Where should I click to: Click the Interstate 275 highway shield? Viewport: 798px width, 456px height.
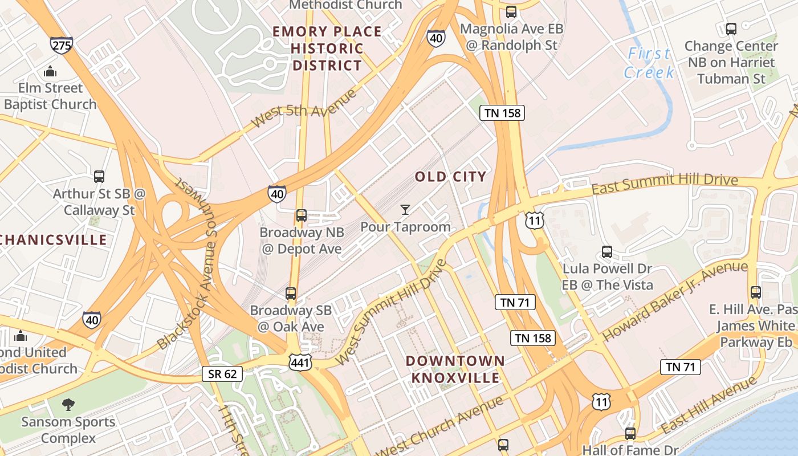pyautogui.click(x=61, y=45)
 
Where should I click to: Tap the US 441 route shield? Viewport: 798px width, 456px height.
pyautogui.click(x=300, y=361)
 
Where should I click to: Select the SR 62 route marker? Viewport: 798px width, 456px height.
pyautogui.click(x=222, y=374)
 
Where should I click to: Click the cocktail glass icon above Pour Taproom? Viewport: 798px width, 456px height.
pyautogui.click(x=405, y=210)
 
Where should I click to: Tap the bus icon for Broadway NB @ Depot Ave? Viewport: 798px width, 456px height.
pyautogui.click(x=302, y=215)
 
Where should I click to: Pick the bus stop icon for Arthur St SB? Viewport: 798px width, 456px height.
pyautogui.click(x=99, y=177)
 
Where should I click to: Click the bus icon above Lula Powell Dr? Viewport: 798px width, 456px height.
pyautogui.click(x=607, y=251)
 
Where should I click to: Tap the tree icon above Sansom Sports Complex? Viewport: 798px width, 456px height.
pyautogui.click(x=68, y=405)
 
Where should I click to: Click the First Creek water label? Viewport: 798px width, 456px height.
pyautogui.click(x=649, y=63)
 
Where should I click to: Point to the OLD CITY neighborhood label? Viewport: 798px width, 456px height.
pyautogui.click(x=450, y=177)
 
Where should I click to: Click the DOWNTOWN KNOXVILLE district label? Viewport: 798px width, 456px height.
pyautogui.click(x=455, y=369)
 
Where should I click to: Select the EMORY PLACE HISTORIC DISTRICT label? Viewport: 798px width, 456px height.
pyautogui.click(x=327, y=48)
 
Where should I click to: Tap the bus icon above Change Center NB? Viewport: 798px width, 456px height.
pyautogui.click(x=731, y=28)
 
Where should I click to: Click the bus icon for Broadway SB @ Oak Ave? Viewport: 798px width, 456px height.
pyautogui.click(x=291, y=294)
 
